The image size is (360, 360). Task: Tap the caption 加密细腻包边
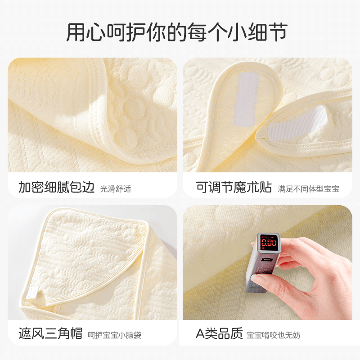tap(56, 187)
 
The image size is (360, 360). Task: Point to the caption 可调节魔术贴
tap(234, 187)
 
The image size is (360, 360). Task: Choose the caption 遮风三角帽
tap(50, 333)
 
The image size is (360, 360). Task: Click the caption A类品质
tap(219, 333)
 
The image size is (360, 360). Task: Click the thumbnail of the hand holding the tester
tap(267, 262)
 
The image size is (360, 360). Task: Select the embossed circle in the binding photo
tap(134, 107)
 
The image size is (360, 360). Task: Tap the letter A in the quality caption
tap(200, 334)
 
